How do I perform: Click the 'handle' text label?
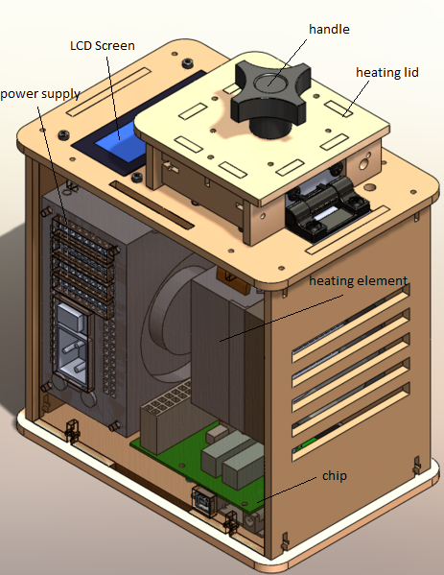point(329,30)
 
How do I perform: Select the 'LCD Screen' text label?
point(103,46)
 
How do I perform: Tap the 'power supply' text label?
point(40,94)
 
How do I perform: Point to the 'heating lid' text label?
point(386,73)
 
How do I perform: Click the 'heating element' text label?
point(358,281)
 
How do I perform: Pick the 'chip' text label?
point(334,476)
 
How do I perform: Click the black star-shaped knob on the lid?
point(270,97)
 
